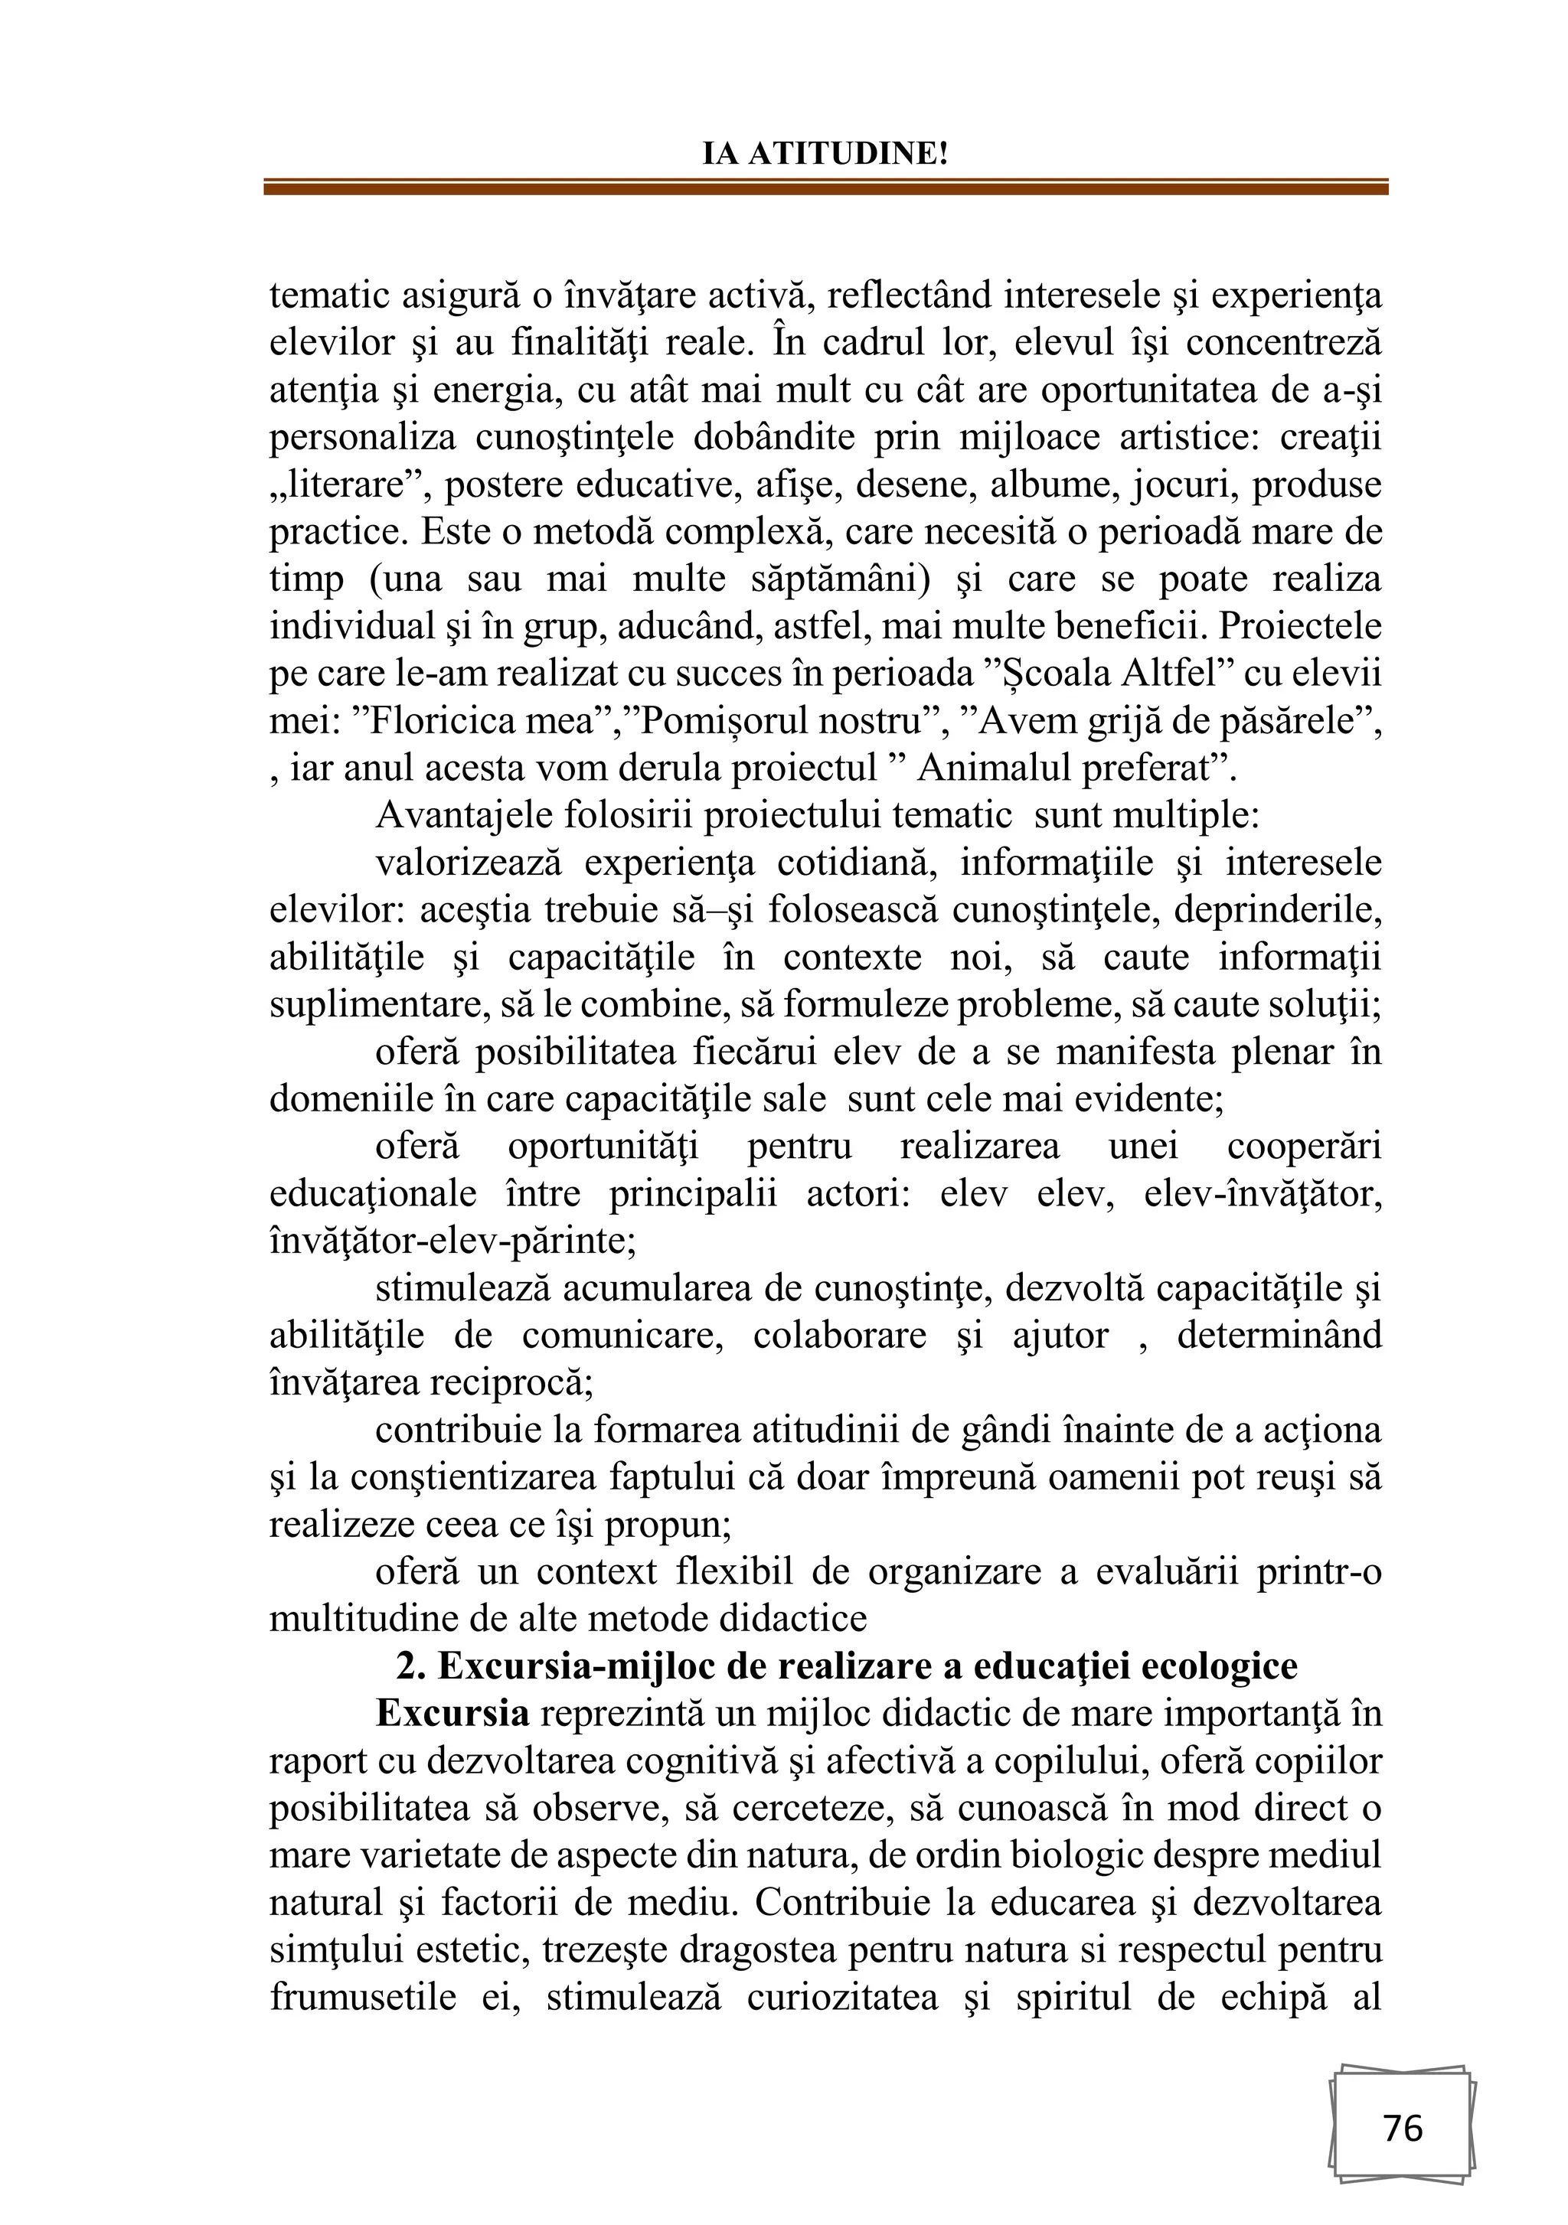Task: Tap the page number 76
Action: (x=1403, y=2128)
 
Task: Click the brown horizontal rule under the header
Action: (x=825, y=188)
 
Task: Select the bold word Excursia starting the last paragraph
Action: (x=452, y=1713)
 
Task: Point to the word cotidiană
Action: (x=828, y=863)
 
